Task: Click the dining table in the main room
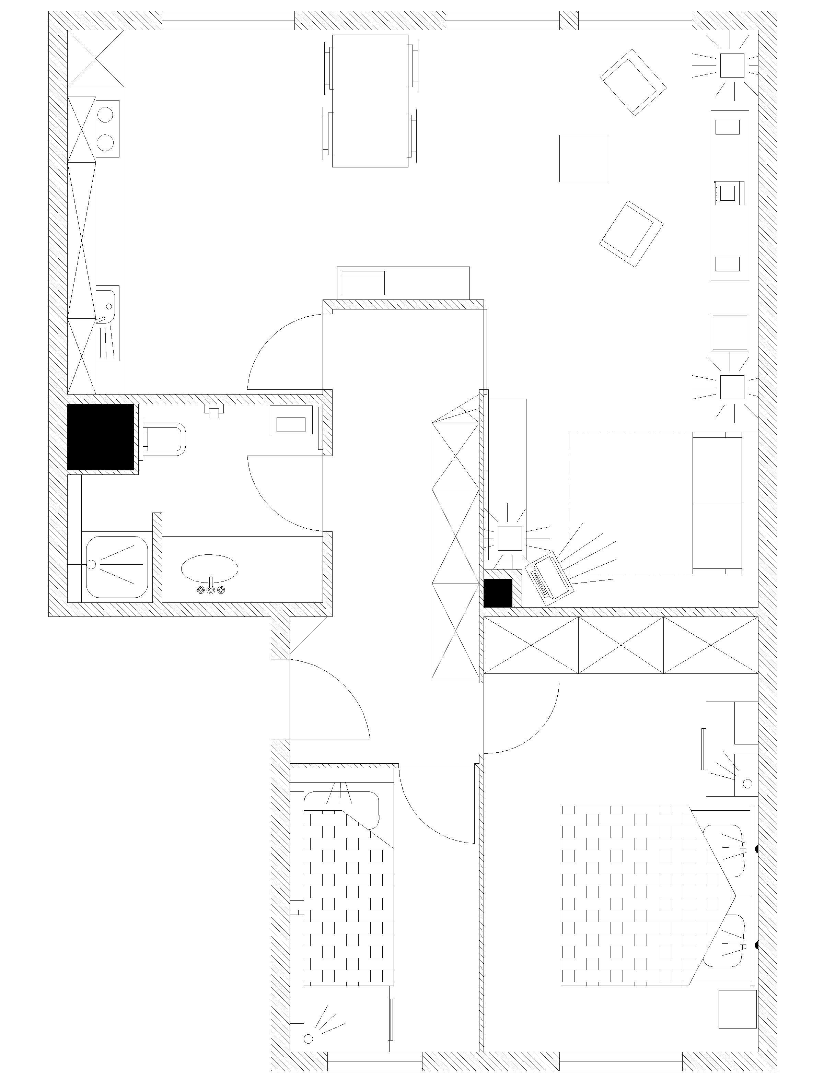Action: coord(370,101)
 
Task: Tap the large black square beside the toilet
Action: coord(101,436)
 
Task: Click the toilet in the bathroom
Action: coord(164,439)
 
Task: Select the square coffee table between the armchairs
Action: coord(583,158)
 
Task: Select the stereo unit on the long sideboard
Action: coord(730,193)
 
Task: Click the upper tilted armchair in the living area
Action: coord(633,82)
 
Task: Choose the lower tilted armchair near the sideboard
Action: coord(632,234)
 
